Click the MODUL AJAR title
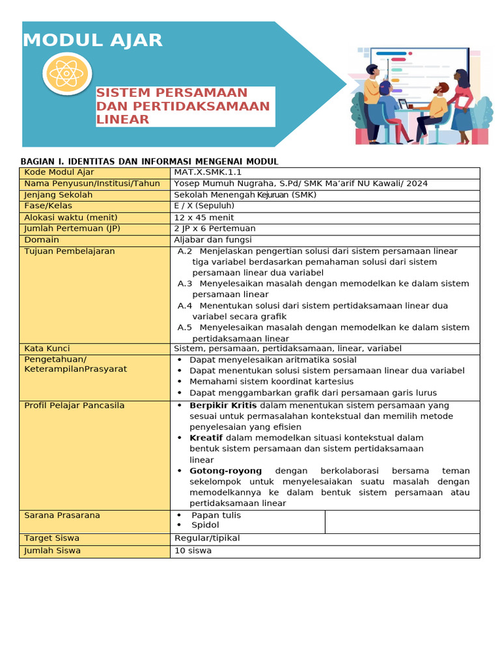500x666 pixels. point(92,40)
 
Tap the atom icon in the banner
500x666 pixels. point(66,74)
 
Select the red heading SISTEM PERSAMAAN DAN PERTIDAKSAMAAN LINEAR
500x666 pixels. point(183,106)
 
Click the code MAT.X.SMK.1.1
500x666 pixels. point(208,172)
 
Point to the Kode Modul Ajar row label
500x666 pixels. point(59,172)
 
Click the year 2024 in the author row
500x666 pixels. point(417,183)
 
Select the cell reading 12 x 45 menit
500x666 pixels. point(204,217)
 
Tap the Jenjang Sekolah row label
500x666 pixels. point(59,194)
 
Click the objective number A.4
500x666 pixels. point(185,306)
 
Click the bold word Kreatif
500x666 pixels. point(206,438)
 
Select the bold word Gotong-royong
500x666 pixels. point(225,471)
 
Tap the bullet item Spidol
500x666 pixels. point(205,525)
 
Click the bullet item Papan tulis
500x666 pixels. point(215,515)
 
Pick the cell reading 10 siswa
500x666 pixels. point(193,550)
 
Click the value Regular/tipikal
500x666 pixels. point(207,538)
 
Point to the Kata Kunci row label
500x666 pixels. point(47,349)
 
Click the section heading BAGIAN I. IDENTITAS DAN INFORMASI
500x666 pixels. point(150,161)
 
